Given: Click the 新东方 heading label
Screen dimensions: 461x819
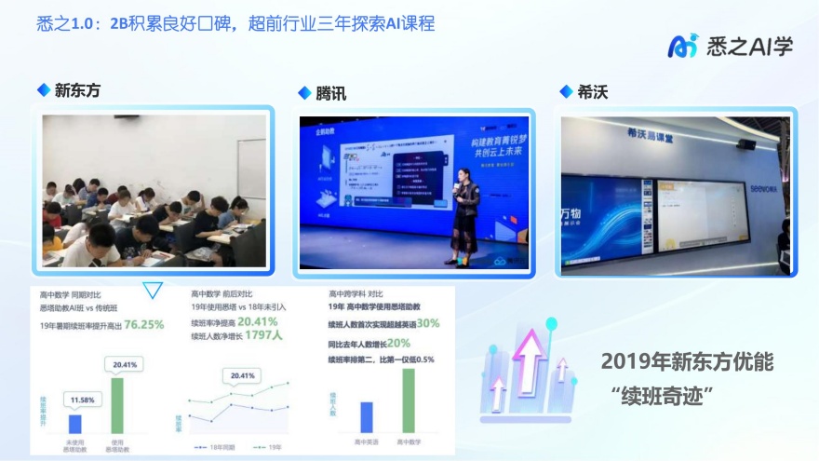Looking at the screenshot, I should (76, 90).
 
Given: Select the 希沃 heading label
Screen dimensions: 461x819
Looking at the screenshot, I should (592, 91).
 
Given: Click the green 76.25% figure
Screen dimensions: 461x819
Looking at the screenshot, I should (144, 325).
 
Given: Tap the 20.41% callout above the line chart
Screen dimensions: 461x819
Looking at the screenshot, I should (243, 375).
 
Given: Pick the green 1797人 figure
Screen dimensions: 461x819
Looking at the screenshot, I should (265, 336).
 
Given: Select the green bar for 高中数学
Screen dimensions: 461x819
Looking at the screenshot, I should (408, 400).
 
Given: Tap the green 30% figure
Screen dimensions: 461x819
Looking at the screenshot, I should (428, 323).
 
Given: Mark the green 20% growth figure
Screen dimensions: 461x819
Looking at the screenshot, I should (412, 342).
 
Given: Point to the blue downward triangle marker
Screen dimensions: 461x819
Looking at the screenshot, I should (153, 292).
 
